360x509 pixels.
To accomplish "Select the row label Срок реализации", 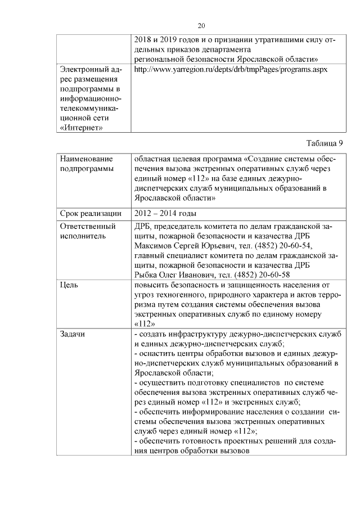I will coord(90,213).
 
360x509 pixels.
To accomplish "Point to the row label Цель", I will coord(69,285).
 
